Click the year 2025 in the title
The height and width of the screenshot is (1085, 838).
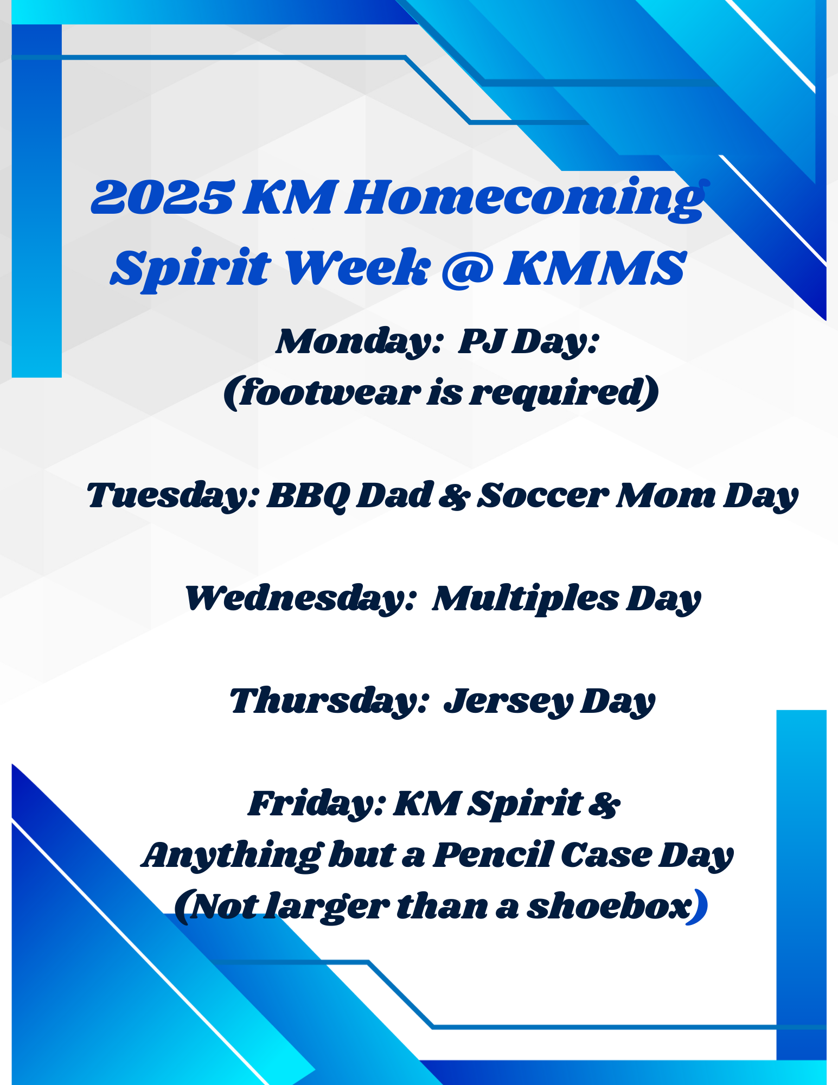(163, 198)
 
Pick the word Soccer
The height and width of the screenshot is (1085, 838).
(542, 496)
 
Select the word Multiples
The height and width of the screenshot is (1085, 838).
(526, 599)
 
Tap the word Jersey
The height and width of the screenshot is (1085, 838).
(508, 702)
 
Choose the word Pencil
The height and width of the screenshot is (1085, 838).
(493, 855)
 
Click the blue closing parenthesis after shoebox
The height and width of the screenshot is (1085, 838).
(698, 907)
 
